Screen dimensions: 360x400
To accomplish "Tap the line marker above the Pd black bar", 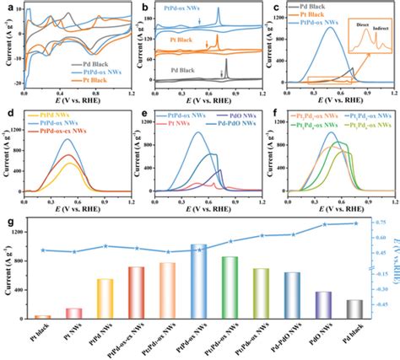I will pos(354,223).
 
